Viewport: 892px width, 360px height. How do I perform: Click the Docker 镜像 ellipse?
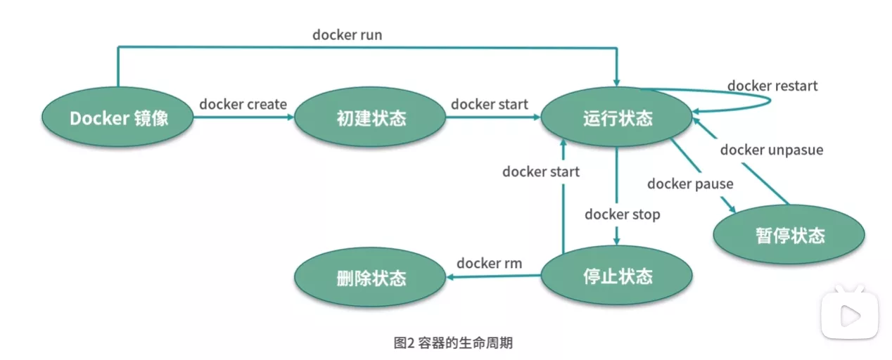[x=118, y=117]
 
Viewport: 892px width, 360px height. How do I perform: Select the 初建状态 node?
[x=370, y=117]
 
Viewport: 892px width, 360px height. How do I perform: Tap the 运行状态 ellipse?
[x=617, y=117]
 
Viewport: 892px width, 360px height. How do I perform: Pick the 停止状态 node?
[x=617, y=276]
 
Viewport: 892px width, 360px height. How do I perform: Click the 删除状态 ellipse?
[x=370, y=277]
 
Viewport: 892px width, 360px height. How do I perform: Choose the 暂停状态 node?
[x=789, y=235]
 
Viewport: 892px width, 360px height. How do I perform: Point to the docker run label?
[x=348, y=34]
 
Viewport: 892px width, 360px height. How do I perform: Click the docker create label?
[x=243, y=104]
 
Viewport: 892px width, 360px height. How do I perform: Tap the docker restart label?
[x=772, y=86]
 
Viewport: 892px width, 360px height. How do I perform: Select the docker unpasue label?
[x=771, y=150]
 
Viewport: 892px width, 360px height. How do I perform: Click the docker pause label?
[x=690, y=184]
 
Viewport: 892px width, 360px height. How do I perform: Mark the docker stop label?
[x=623, y=214]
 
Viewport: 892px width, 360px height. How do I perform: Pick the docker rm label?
[x=490, y=263]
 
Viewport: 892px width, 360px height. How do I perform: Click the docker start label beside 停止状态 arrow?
[x=541, y=172]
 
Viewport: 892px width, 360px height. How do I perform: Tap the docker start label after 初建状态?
[x=490, y=104]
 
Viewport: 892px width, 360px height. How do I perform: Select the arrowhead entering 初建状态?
[x=290, y=117]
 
